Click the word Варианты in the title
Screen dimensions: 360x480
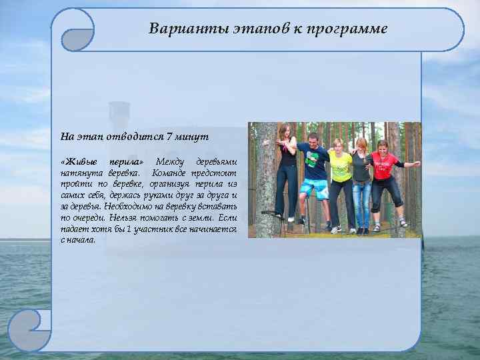tap(176, 29)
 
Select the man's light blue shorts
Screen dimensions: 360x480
tap(313, 189)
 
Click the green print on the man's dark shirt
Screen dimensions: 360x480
tap(311, 160)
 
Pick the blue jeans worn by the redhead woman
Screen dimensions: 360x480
tap(362, 197)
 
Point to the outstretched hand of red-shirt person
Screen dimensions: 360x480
tap(416, 163)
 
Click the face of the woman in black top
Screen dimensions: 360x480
tap(285, 131)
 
